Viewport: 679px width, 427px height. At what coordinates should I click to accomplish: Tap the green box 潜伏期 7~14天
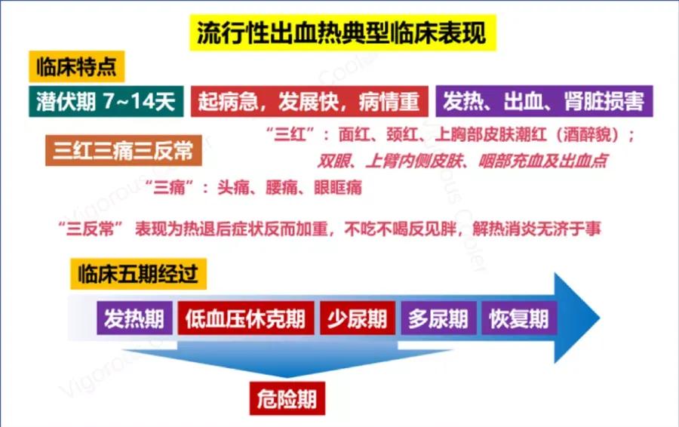coord(106,101)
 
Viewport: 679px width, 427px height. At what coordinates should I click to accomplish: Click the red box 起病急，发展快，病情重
coord(309,101)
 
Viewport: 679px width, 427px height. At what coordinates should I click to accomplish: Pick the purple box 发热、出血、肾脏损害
coord(544,101)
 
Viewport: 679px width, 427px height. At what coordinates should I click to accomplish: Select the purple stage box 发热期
coord(134,318)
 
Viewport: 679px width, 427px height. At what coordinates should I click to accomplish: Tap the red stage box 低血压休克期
coord(245,318)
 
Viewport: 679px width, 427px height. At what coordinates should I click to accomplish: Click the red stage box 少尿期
coord(357,318)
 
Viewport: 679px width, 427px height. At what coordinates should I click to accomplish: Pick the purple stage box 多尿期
coord(438,318)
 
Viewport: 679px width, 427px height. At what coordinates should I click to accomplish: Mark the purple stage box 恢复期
coord(518,318)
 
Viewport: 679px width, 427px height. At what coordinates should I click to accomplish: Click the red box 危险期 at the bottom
coord(287,398)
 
